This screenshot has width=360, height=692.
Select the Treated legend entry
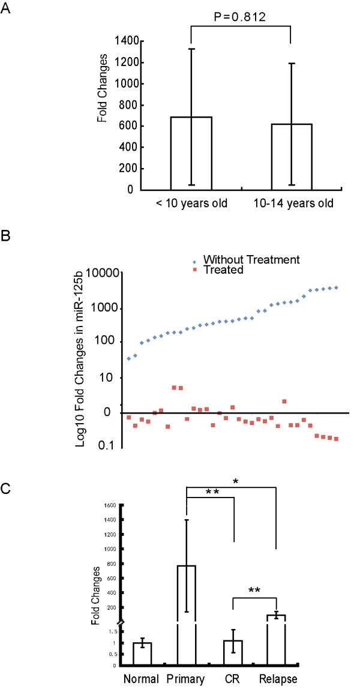tap(223, 270)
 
